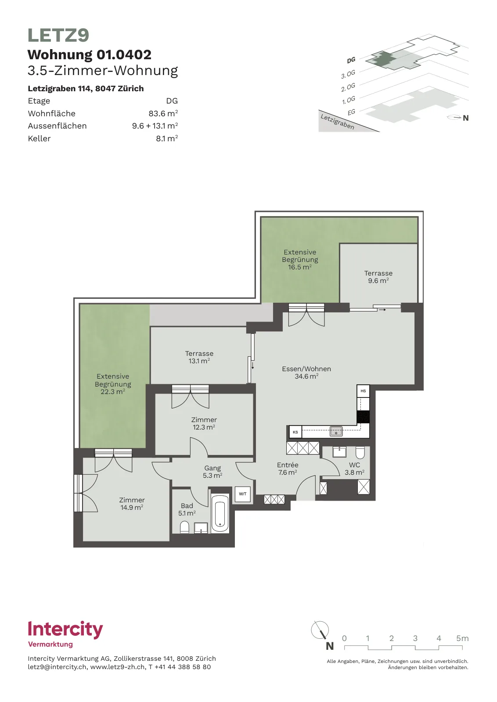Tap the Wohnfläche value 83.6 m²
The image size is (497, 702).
tap(163, 113)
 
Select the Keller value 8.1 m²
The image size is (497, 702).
tap(167, 138)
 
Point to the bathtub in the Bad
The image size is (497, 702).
tap(220, 513)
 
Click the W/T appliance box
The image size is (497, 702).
tap(243, 494)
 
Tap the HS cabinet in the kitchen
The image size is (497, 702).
tap(363, 391)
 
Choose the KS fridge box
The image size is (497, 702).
tap(295, 432)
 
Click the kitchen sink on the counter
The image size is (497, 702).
tap(336, 431)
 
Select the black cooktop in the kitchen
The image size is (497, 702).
tap(363, 416)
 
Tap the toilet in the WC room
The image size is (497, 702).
tap(360, 452)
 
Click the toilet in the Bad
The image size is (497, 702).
tap(184, 527)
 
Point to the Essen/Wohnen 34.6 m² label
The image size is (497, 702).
tap(306, 372)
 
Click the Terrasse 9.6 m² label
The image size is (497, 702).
tap(378, 277)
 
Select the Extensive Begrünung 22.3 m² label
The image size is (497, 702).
tap(113, 384)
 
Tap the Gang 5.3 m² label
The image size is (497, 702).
tap(212, 471)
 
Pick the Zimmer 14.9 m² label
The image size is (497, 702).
tap(132, 504)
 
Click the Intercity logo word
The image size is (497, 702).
tap(65, 630)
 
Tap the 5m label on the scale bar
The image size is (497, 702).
tap(462, 638)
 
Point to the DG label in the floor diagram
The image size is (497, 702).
tap(351, 60)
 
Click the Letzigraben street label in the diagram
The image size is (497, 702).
tap(337, 122)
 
